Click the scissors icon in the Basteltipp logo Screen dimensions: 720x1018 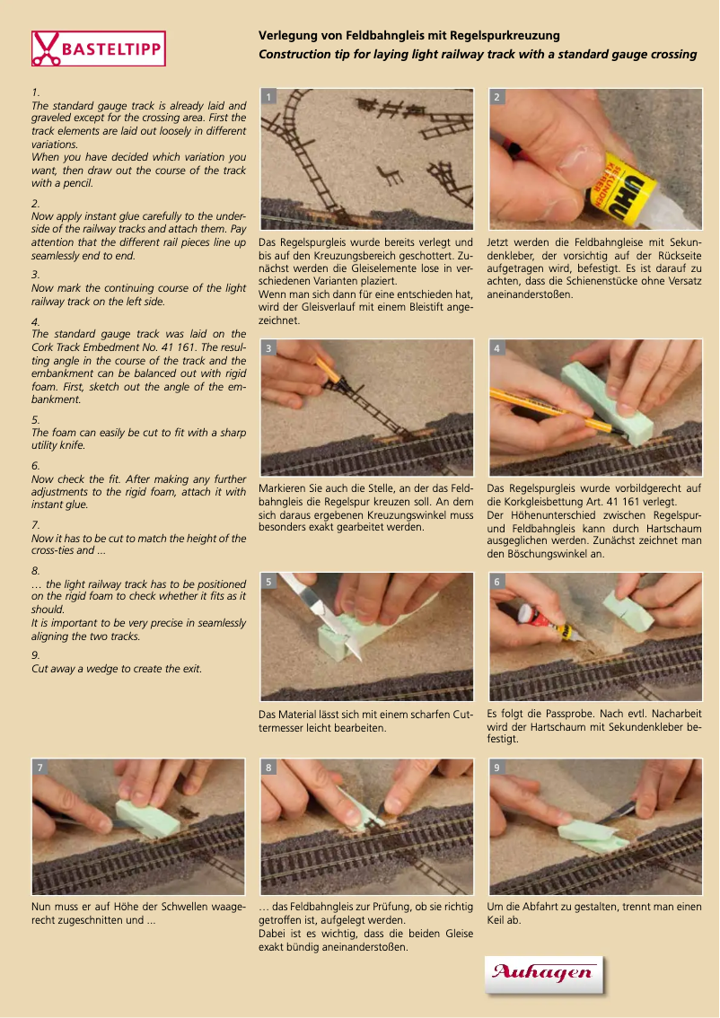[46, 48]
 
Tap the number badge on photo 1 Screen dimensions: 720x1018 [268, 97]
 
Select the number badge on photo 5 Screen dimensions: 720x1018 [268, 581]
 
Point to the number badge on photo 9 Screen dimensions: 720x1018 [497, 767]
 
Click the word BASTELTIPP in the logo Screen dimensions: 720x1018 [111, 49]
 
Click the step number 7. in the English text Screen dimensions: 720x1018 [36, 524]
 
